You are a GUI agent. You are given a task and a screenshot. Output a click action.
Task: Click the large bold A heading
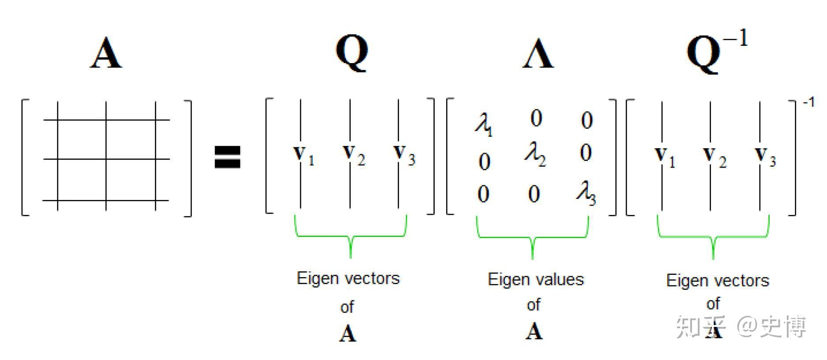click(x=106, y=53)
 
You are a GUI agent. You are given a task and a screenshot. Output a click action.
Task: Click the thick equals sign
click(x=227, y=157)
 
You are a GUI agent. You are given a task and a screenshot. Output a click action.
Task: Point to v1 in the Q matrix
click(x=304, y=155)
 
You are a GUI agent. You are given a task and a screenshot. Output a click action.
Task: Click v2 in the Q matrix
click(x=354, y=155)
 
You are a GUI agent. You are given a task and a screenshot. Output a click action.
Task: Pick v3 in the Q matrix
click(x=404, y=155)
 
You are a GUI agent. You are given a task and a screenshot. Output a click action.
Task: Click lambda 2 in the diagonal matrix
click(x=535, y=154)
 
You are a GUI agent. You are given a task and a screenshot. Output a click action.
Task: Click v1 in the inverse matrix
click(x=665, y=157)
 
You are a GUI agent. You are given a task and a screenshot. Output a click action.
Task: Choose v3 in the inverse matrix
click(x=765, y=157)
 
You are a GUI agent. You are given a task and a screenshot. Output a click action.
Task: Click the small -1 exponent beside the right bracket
click(x=808, y=103)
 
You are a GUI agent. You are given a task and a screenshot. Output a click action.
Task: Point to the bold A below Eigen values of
click(x=534, y=331)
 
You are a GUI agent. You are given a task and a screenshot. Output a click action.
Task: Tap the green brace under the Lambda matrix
click(x=532, y=236)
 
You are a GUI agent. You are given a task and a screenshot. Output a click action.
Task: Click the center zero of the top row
click(x=536, y=118)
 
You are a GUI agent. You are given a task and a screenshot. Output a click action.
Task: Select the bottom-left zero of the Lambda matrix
click(x=483, y=194)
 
